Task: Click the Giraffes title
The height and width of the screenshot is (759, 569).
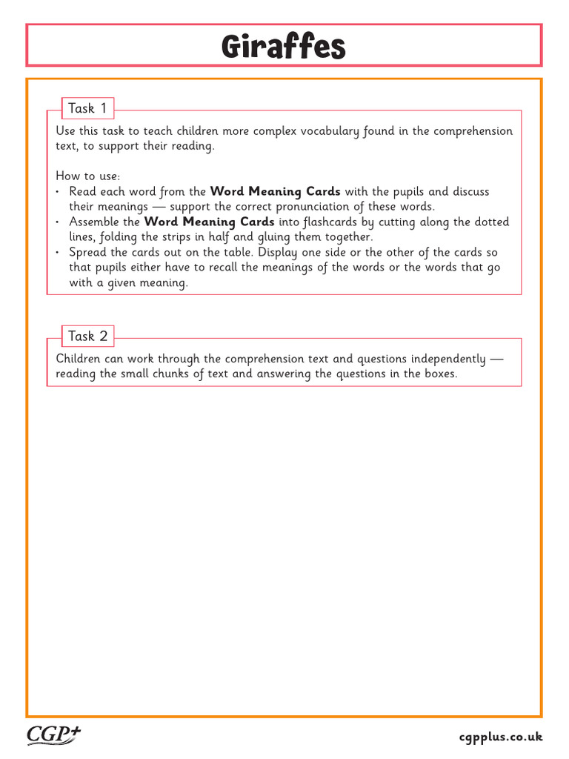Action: coord(284,47)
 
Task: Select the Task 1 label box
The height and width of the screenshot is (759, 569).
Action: coord(87,108)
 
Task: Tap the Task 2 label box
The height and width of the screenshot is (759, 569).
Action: coord(87,336)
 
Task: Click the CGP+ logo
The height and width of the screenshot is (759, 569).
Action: coord(54,735)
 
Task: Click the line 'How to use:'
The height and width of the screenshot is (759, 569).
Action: coord(87,176)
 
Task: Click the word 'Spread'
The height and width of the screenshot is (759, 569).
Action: coord(88,252)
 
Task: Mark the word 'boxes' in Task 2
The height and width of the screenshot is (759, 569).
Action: coord(439,374)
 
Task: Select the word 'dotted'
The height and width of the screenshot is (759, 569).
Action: coord(490,222)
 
